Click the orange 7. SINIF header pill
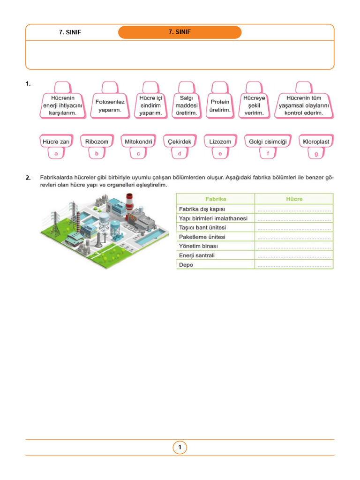180,32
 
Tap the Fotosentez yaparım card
110,105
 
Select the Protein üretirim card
220,105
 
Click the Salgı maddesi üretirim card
187,105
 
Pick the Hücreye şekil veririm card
254,105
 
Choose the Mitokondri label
138,141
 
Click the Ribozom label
97,141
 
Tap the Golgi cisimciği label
268,141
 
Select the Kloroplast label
316,141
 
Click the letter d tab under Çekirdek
179,153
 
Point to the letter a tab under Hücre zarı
56,153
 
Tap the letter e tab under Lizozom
220,153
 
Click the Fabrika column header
215,199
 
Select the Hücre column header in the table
294,199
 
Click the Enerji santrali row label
196,255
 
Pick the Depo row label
186,265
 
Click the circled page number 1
180,448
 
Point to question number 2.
28,178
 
